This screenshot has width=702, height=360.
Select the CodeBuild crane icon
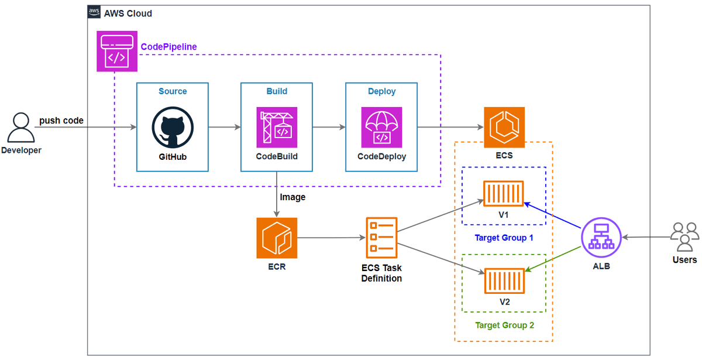277,127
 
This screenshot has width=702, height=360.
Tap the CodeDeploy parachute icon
381,127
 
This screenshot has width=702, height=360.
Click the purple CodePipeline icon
117,52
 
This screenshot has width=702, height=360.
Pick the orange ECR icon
277,238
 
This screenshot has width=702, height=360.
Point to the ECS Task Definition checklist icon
381,238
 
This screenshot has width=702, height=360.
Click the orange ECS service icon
504,127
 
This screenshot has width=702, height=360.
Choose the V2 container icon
504,280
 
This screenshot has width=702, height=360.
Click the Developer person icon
20,128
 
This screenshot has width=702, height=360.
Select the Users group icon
684,236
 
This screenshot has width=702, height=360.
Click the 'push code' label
61,121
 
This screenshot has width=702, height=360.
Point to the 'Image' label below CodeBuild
292,197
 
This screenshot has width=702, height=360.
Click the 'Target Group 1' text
504,238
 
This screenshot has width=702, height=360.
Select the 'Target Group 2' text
504,325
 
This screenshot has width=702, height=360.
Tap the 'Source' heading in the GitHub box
173,91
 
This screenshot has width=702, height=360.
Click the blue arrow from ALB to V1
553,215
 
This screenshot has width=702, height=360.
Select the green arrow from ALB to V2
553,259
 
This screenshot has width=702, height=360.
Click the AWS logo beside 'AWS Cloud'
94,13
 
